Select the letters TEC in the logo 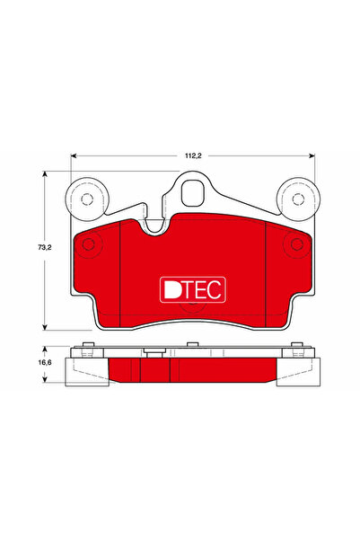(204, 288)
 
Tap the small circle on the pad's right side (294, 244)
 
